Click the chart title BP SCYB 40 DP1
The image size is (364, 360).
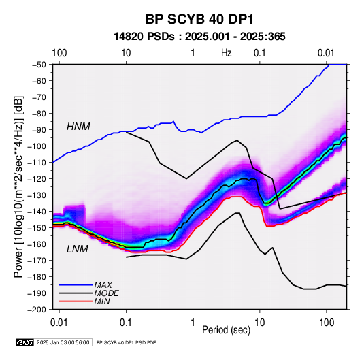tap(199, 19)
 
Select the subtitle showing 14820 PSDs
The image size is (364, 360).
tap(199, 37)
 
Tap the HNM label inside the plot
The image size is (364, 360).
tap(78, 127)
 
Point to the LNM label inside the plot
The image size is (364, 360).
tap(78, 249)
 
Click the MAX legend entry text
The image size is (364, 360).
tap(103, 284)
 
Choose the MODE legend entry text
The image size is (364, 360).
tap(107, 293)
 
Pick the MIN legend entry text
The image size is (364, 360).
tap(102, 301)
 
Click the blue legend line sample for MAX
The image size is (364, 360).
tap(76, 284)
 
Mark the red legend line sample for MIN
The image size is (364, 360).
tap(76, 301)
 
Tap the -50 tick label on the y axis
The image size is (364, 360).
tap(39, 65)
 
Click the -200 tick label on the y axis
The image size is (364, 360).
tap(37, 310)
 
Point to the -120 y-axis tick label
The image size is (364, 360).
tap(37, 179)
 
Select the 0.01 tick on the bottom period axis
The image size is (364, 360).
tap(59, 323)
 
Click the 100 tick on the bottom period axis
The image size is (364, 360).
tap(327, 323)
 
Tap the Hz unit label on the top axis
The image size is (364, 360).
tap(227, 53)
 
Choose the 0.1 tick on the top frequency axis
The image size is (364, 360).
tap(259, 53)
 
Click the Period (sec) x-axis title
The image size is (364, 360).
tap(227, 330)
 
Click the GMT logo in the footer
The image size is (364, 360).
tap(25, 342)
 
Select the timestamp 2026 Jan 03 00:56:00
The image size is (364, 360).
tap(63, 342)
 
